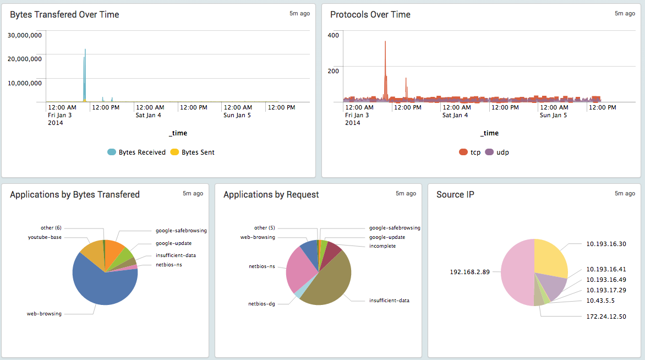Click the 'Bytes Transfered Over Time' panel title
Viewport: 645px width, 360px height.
tap(64, 15)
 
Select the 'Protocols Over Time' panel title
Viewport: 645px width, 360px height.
tap(370, 15)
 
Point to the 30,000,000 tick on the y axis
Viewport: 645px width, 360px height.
tap(25, 35)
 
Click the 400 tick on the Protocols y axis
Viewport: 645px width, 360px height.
tap(333, 35)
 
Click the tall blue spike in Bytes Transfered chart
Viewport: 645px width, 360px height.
tap(85, 66)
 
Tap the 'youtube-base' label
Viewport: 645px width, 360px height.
tap(45, 237)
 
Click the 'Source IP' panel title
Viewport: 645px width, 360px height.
tap(455, 194)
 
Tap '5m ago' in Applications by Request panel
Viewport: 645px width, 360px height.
tap(406, 193)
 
